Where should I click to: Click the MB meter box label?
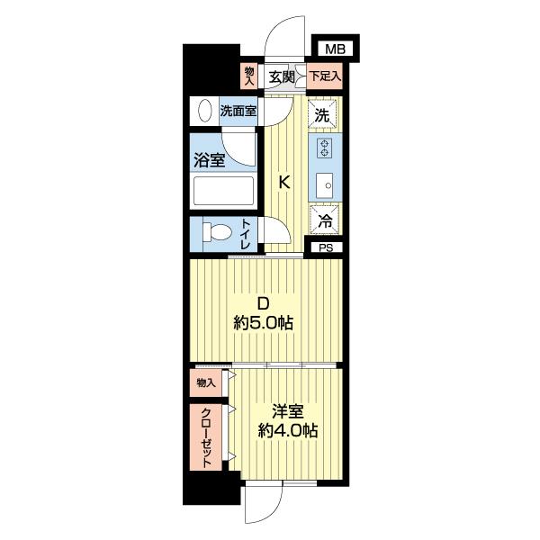[x=335, y=49]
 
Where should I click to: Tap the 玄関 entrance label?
[x=282, y=76]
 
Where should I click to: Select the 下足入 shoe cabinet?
[x=324, y=76]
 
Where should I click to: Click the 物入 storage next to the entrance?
[x=249, y=76]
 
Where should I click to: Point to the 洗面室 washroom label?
[x=238, y=112]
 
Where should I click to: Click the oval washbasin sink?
[x=205, y=111]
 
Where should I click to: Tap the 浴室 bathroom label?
[x=210, y=160]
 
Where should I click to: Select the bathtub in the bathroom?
[x=223, y=191]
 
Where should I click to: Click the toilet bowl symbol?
[x=217, y=231]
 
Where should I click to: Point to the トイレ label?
[x=246, y=234]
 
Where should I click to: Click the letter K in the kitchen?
[x=284, y=182]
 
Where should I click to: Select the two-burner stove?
[x=325, y=148]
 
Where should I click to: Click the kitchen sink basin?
[x=324, y=185]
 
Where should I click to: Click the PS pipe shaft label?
[x=326, y=248]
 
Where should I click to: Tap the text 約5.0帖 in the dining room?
[x=263, y=323]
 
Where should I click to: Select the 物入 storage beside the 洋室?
[x=206, y=382]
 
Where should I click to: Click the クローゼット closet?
[x=206, y=437]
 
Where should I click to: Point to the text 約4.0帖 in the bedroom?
[x=288, y=430]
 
